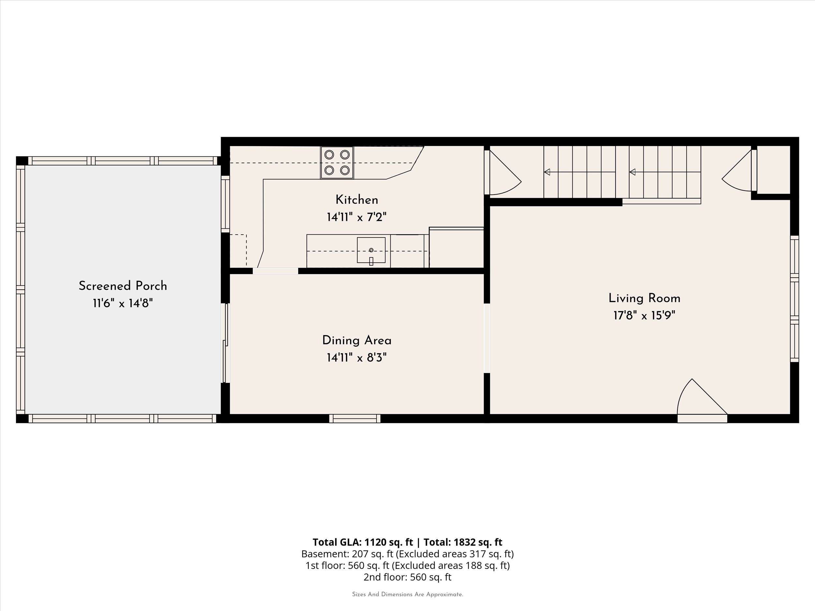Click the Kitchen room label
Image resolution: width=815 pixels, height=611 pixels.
pos(357,200)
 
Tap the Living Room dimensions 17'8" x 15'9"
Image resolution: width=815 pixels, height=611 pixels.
pos(644,316)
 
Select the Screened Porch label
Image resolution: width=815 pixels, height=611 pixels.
pos(123,286)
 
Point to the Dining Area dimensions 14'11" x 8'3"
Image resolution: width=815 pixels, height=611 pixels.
pos(357,357)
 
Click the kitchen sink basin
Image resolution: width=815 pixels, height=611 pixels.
pos(371,250)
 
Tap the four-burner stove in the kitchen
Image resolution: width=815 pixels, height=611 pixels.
pos(337,162)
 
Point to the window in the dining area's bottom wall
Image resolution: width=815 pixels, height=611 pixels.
pos(355,418)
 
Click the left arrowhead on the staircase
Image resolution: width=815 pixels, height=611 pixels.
pos(547,172)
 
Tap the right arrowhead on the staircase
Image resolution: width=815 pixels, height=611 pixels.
pos(632,172)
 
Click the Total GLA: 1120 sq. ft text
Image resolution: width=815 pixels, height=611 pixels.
pos(363,542)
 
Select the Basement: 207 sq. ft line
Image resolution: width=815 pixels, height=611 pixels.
pos(407,554)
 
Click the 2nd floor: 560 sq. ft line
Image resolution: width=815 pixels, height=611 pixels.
pos(407,577)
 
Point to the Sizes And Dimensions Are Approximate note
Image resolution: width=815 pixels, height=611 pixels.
pos(407,594)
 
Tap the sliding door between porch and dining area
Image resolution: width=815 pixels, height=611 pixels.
pos(226,343)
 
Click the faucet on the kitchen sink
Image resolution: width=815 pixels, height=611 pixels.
pos(371,261)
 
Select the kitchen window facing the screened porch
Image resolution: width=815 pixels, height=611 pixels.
pos(225,204)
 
